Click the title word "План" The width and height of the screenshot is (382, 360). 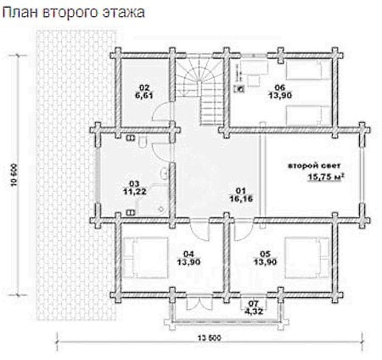click(x=20, y=13)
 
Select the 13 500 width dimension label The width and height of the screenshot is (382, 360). click(x=210, y=338)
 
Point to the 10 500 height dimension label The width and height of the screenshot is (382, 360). click(x=14, y=175)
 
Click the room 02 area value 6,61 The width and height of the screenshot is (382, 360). click(x=144, y=95)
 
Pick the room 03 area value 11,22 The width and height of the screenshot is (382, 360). click(x=135, y=192)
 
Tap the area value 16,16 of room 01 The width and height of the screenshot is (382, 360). click(x=241, y=199)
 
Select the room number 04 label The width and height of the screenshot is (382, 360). click(x=188, y=254)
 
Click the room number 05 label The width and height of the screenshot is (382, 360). click(x=265, y=254)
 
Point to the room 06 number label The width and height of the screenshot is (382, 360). click(x=280, y=87)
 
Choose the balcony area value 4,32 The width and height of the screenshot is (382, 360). click(x=254, y=312)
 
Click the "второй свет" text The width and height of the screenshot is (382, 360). click(x=314, y=166)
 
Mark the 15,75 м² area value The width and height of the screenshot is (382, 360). click(x=326, y=177)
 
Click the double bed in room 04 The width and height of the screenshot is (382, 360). click(x=146, y=257)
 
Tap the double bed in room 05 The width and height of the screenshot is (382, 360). click(x=306, y=257)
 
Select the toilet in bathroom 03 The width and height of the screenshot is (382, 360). click(x=143, y=142)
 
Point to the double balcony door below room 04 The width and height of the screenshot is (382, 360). click(x=199, y=303)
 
